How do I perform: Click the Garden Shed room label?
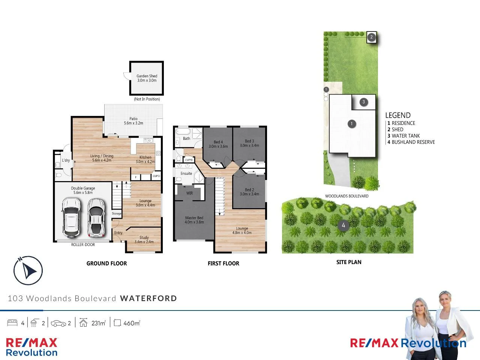tap(147, 78)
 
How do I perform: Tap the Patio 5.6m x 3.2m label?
tap(133, 121)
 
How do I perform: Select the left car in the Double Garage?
tap(71, 217)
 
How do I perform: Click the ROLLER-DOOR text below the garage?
tap(83, 245)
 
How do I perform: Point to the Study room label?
tap(144, 240)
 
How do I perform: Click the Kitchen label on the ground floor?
tap(145, 159)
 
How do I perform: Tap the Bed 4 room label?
tap(218, 144)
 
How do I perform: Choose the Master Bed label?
tap(194, 220)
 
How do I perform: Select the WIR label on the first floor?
tap(189, 193)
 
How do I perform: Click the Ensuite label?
tap(186, 174)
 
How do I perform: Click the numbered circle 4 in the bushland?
tap(343, 225)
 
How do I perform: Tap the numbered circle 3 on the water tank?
tap(363, 102)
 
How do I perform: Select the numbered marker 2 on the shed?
tap(372, 37)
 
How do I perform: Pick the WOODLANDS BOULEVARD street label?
tap(346, 196)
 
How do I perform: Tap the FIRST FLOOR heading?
tap(223, 264)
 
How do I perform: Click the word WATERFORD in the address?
tap(148, 298)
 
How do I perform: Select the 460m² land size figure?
tap(131, 323)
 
